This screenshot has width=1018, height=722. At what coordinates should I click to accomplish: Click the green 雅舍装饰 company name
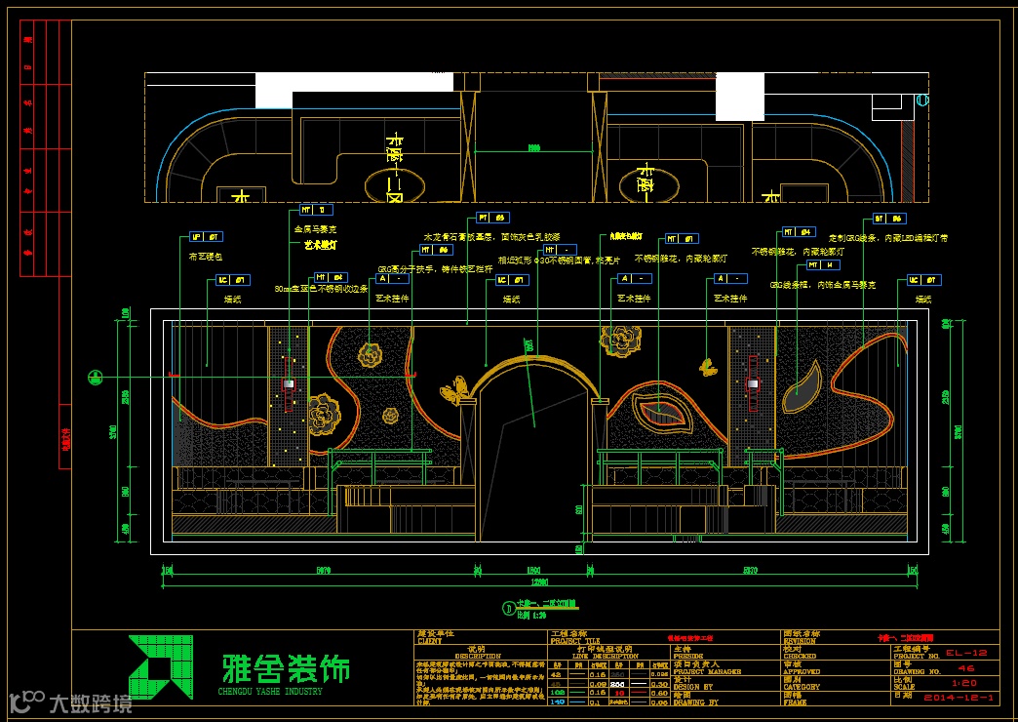(286, 668)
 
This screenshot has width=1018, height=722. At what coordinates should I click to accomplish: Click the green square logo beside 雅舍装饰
(153, 667)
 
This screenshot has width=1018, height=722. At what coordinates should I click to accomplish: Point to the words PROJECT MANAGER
(708, 672)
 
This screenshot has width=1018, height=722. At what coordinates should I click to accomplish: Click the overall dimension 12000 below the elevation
(532, 582)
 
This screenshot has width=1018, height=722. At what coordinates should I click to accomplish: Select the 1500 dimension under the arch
(533, 570)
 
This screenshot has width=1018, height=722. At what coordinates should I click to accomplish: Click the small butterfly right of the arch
(706, 367)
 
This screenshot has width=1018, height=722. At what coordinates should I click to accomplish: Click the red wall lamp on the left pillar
(289, 384)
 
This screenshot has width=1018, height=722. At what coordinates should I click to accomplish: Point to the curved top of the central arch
(533, 361)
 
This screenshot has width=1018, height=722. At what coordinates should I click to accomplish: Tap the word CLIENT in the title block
(431, 642)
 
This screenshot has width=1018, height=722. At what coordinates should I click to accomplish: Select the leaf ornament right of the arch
(664, 411)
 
